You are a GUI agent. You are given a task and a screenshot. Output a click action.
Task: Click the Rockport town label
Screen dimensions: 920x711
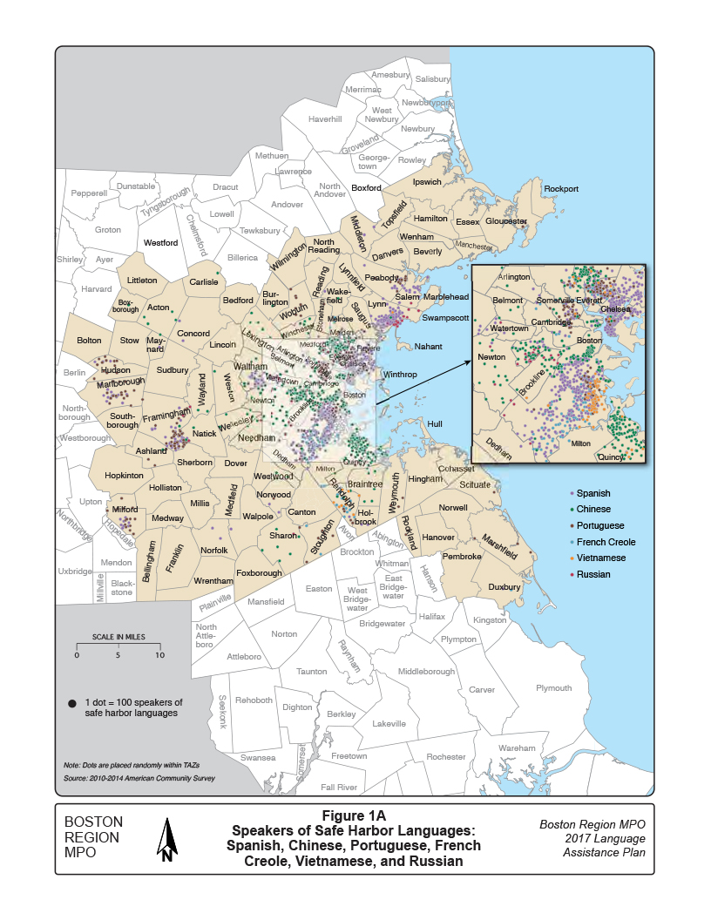click(x=560, y=188)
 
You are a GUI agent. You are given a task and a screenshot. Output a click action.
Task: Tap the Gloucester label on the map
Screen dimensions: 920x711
click(x=506, y=221)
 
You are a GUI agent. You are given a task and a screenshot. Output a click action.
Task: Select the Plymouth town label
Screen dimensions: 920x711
click(x=553, y=688)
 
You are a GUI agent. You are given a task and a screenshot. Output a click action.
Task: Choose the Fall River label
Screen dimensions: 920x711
click(x=339, y=787)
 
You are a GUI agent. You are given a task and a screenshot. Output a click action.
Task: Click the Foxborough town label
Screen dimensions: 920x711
click(x=259, y=573)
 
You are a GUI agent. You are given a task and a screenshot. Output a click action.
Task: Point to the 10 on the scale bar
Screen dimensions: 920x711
click(x=159, y=654)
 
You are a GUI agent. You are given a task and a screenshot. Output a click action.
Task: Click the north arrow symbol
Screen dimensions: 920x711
click(x=167, y=840)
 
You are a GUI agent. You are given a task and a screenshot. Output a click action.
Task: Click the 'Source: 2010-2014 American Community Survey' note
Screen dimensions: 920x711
click(x=139, y=778)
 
